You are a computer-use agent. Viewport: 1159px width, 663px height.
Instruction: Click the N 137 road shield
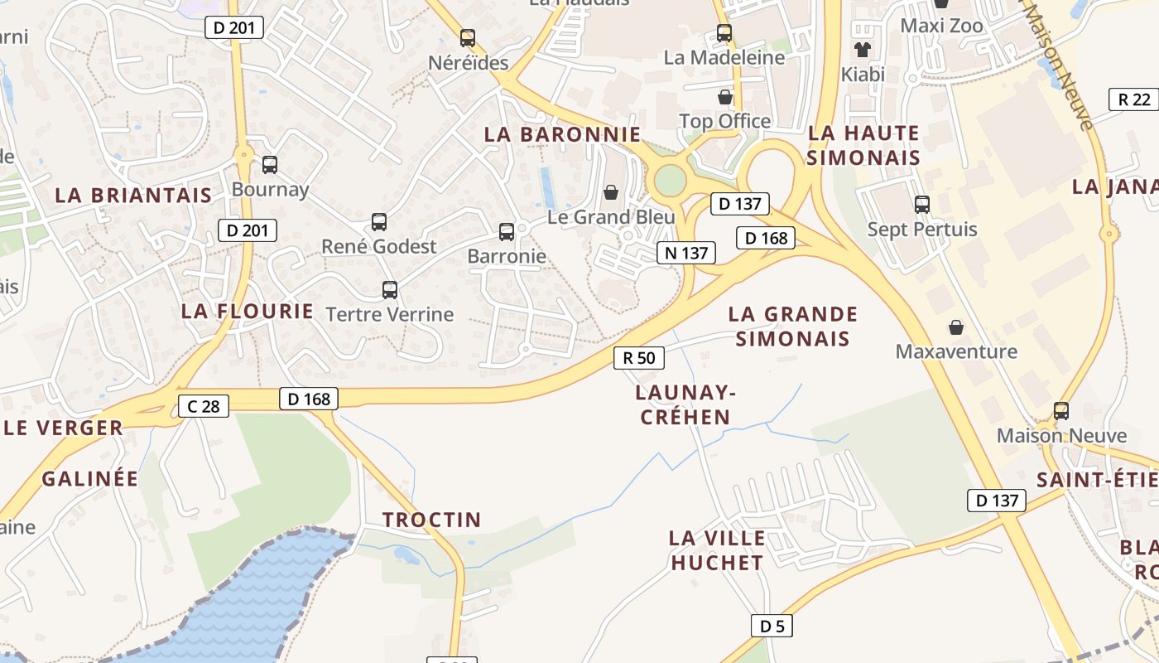click(x=686, y=253)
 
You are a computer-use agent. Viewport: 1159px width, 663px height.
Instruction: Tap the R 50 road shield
click(x=639, y=358)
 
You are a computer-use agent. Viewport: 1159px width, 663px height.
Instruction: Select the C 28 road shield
click(x=204, y=406)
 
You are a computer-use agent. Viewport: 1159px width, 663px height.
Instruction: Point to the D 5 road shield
click(x=772, y=626)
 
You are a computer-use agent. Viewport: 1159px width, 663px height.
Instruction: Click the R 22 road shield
click(x=1133, y=99)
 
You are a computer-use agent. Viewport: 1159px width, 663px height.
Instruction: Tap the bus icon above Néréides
click(x=468, y=38)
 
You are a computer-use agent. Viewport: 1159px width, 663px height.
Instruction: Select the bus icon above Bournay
click(x=270, y=165)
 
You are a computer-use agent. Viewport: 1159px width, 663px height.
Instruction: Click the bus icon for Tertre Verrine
click(x=390, y=290)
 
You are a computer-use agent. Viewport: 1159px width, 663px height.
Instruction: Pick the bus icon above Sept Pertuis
click(x=922, y=205)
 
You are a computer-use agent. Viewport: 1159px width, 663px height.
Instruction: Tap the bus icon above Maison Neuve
click(x=1060, y=410)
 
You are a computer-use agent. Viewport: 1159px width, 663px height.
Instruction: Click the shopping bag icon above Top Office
click(x=725, y=97)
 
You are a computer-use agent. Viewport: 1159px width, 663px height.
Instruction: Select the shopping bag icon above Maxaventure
click(x=956, y=327)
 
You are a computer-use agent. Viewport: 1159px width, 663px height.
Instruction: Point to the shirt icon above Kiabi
click(x=863, y=50)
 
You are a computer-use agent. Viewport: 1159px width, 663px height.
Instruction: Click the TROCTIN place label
click(x=431, y=520)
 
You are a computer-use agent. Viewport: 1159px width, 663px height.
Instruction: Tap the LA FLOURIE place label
click(x=248, y=312)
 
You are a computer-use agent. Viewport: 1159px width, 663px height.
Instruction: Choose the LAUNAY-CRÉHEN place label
click(x=686, y=404)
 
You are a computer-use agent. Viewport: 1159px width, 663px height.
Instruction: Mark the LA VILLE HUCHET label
click(x=717, y=549)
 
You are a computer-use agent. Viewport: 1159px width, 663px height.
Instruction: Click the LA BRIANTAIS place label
click(x=133, y=196)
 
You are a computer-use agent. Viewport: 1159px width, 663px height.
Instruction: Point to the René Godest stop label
click(x=378, y=246)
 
